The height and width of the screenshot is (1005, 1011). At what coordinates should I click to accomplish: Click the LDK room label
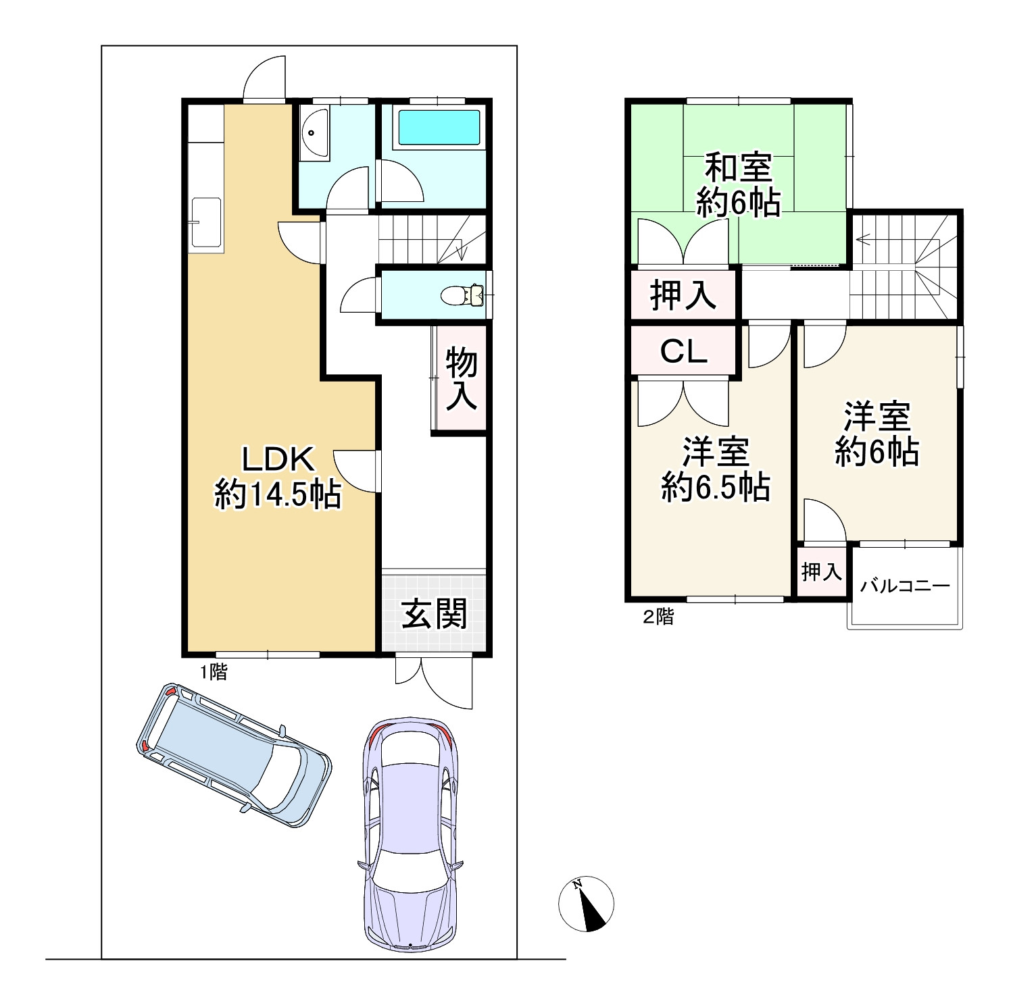[278, 460]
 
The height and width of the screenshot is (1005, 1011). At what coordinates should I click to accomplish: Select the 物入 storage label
[462, 379]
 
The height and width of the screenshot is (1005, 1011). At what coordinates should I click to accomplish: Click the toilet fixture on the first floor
[462, 295]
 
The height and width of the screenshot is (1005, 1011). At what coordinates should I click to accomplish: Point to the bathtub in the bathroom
[439, 127]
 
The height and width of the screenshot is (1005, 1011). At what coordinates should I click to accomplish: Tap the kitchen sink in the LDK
[207, 223]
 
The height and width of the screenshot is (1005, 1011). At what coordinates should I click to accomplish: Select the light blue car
[235, 754]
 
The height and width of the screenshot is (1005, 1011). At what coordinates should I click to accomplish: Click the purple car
[410, 835]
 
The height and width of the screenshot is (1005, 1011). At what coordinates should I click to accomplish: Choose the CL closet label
[683, 351]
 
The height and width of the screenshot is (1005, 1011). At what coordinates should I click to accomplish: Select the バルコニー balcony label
[904, 586]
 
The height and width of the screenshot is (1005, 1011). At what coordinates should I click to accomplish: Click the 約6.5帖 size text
[715, 486]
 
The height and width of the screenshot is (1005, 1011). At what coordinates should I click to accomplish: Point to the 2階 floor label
[657, 617]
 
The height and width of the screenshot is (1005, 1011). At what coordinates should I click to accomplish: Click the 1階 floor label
[212, 672]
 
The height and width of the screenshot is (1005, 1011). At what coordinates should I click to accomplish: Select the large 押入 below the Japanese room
[683, 294]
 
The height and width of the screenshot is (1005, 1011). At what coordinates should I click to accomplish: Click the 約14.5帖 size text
[278, 495]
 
